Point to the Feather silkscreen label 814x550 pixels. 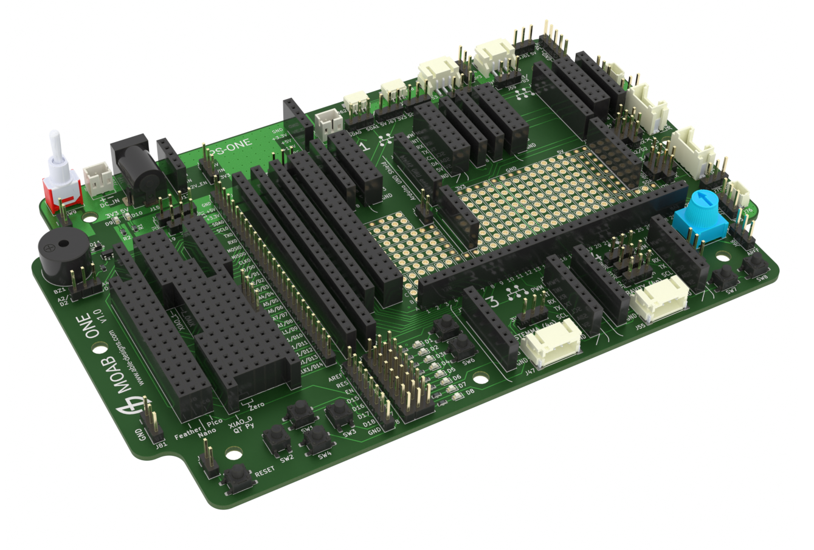click(x=187, y=435)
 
